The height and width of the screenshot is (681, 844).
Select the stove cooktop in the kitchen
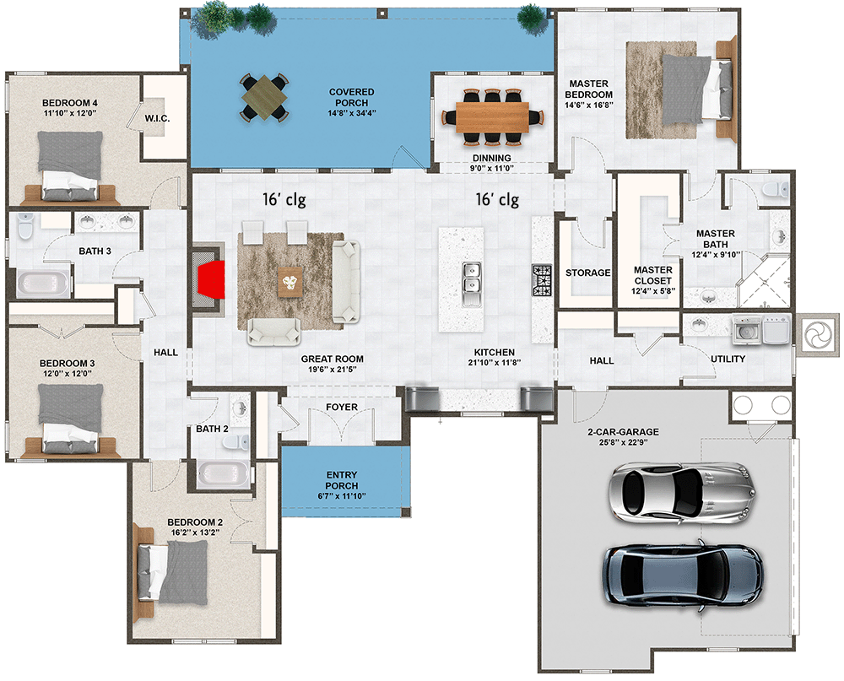tap(541, 278)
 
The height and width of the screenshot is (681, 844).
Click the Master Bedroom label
tap(590, 89)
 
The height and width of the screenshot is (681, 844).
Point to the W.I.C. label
tap(158, 119)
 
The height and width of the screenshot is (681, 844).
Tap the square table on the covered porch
tap(264, 98)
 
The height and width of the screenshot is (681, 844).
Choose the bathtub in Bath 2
tap(224, 474)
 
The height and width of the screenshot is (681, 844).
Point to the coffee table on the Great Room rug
tap(289, 281)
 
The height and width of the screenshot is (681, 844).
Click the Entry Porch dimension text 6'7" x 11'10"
tap(341, 496)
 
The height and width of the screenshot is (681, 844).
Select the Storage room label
tap(587, 273)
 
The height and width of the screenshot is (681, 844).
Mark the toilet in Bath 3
tap(24, 228)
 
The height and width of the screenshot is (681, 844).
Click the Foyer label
tap(342, 408)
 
